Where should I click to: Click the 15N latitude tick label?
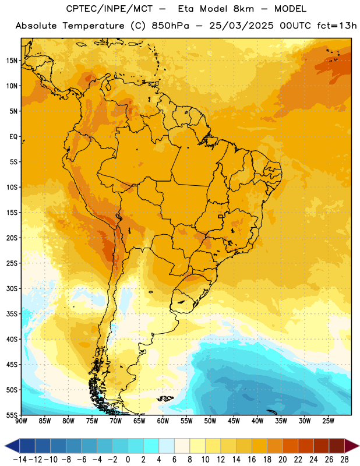click(x=12, y=61)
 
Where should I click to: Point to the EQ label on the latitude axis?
click(x=13, y=137)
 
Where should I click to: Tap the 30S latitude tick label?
click(x=12, y=288)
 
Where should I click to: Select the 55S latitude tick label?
click(x=12, y=415)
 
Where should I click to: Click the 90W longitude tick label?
click(x=22, y=421)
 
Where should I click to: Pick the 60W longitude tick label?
click(x=163, y=421)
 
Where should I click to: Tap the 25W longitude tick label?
click(x=328, y=421)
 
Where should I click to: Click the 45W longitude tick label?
click(x=234, y=421)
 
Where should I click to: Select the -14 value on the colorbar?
click(x=20, y=460)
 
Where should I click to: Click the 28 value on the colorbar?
click(x=344, y=460)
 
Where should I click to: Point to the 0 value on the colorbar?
click(x=128, y=460)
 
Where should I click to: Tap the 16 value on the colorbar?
click(x=252, y=460)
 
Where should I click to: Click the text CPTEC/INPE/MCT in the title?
click(x=110, y=9)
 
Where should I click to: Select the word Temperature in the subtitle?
click(x=94, y=26)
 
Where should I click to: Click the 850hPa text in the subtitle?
click(x=170, y=26)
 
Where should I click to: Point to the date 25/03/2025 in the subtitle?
click(x=241, y=26)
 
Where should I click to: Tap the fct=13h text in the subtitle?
click(x=337, y=26)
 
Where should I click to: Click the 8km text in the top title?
click(x=243, y=9)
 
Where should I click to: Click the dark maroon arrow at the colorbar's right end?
click(x=352, y=446)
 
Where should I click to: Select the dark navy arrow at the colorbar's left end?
click(x=12, y=446)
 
